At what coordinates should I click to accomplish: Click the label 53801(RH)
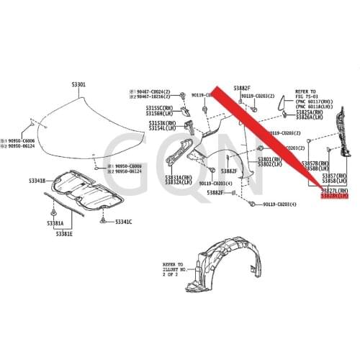click(269, 159)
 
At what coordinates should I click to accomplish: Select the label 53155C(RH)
click(162, 107)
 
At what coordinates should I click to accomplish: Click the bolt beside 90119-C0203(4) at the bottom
click(250, 204)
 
